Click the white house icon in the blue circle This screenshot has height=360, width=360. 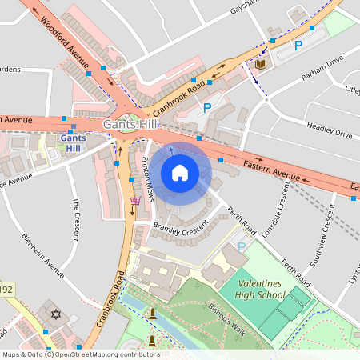(180, 173)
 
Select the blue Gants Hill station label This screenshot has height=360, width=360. (72, 143)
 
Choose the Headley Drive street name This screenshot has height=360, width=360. (329, 130)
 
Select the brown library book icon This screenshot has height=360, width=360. (261, 64)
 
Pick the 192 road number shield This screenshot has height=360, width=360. (6, 289)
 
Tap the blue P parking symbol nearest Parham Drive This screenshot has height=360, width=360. (298, 46)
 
